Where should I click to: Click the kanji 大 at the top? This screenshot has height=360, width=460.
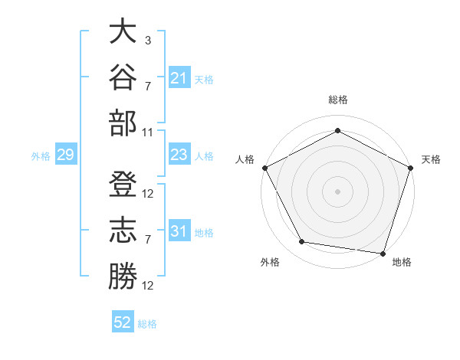click(123, 31)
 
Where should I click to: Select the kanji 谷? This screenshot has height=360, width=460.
click(123, 77)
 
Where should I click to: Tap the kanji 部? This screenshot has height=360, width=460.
click(123, 123)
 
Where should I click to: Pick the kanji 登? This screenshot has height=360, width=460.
click(123, 184)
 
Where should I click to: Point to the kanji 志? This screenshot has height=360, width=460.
click(123, 230)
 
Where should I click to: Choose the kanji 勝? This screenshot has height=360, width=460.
click(123, 276)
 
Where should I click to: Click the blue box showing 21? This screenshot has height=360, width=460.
click(179, 77)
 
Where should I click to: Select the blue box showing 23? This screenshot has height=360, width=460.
click(179, 154)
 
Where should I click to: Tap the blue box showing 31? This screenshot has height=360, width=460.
click(179, 230)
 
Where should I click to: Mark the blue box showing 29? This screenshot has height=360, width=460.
click(66, 154)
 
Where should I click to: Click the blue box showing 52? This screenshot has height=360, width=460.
click(123, 321)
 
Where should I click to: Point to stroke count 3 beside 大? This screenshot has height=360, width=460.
click(148, 40)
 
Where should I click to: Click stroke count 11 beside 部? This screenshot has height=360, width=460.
click(147, 133)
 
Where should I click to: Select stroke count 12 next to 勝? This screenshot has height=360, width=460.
click(147, 286)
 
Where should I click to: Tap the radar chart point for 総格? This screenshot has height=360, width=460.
click(337, 130)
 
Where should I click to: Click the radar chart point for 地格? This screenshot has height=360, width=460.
click(383, 254)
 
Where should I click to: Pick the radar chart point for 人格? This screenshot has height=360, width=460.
click(265, 168)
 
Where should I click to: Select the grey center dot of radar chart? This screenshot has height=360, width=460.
click(337, 191)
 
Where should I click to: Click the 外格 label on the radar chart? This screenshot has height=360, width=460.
click(270, 262)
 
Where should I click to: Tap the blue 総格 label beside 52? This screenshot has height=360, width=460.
click(147, 324)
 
